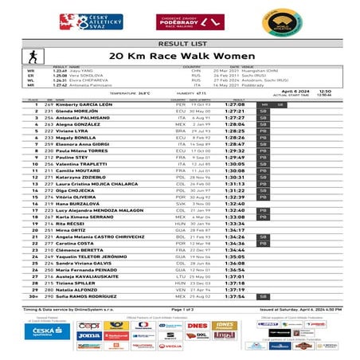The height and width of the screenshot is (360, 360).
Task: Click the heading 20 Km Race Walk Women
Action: coord(179,57)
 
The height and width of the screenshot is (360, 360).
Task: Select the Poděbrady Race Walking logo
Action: coord(180,18)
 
